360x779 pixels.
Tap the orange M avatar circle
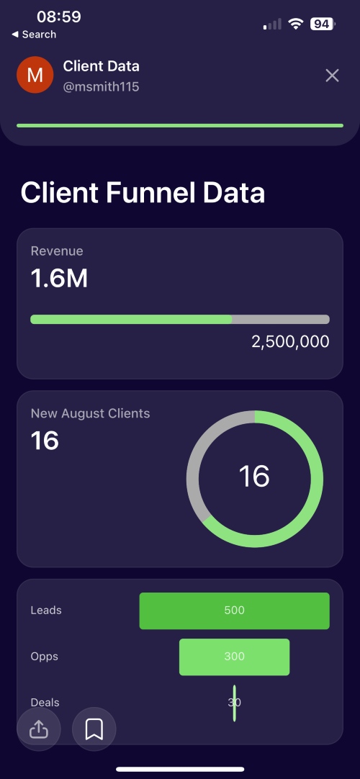click(x=35, y=75)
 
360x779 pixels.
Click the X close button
click(x=332, y=76)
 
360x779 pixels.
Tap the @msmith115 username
click(x=101, y=87)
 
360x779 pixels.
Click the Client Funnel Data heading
click(x=143, y=193)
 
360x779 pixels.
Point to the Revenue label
click(x=57, y=251)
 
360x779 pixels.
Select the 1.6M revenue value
click(x=59, y=279)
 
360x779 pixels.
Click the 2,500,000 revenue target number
click(x=290, y=342)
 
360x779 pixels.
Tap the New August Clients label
click(x=91, y=413)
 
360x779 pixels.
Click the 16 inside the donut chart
click(x=254, y=476)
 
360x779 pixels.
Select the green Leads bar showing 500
click(x=235, y=611)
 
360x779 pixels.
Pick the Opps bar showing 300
click(x=235, y=657)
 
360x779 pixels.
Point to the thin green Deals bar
click(x=235, y=703)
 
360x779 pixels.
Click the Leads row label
click(x=46, y=610)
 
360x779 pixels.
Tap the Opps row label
click(x=45, y=657)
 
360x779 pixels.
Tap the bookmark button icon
click(x=94, y=729)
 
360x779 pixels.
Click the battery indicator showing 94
click(x=323, y=23)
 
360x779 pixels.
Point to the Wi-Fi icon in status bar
click(x=296, y=23)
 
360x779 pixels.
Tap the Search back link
click(x=34, y=35)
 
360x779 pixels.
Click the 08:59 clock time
click(x=59, y=17)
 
